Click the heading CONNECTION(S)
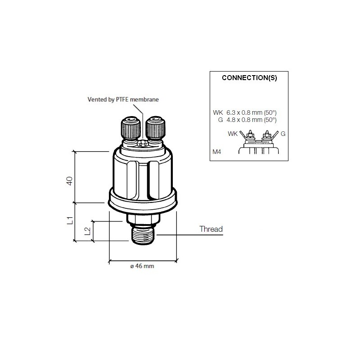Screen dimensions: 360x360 point(249,77)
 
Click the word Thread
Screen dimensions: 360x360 point(211,229)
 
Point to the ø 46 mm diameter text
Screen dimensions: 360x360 point(142,266)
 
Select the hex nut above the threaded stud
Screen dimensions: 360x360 point(143,220)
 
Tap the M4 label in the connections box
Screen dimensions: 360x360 point(217,153)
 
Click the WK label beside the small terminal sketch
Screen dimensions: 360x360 point(233,134)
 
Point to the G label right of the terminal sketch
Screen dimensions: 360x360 point(283,134)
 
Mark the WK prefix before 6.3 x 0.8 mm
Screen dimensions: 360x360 point(218,113)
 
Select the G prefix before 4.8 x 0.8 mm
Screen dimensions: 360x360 point(220,120)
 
